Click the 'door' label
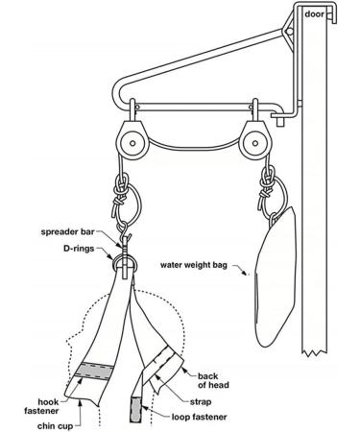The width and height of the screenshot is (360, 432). tap(316, 14)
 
